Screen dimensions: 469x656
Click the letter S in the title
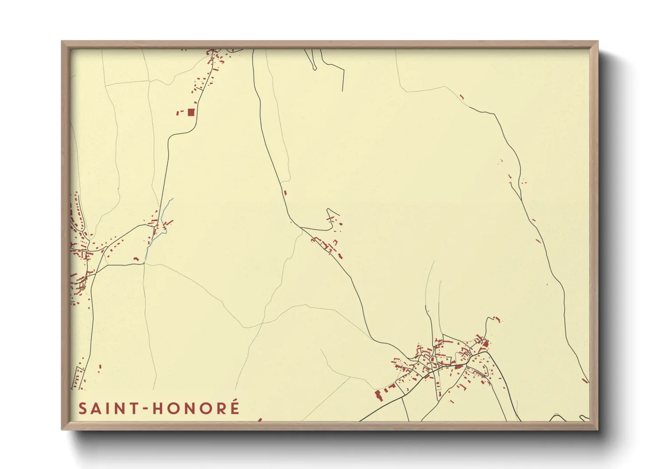82,409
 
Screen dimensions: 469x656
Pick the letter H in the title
158,409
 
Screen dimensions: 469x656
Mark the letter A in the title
95,409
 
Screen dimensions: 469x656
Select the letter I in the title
105,409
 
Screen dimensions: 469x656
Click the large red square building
191,112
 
